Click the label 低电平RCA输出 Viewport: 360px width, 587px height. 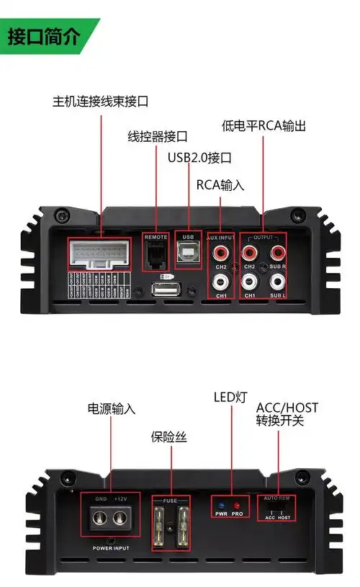(x=264, y=126)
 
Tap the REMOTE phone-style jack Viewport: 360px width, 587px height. (x=156, y=254)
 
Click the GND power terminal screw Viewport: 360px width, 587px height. (x=102, y=516)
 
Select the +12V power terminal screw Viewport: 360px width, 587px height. (x=120, y=516)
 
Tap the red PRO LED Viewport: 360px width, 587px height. (x=235, y=505)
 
